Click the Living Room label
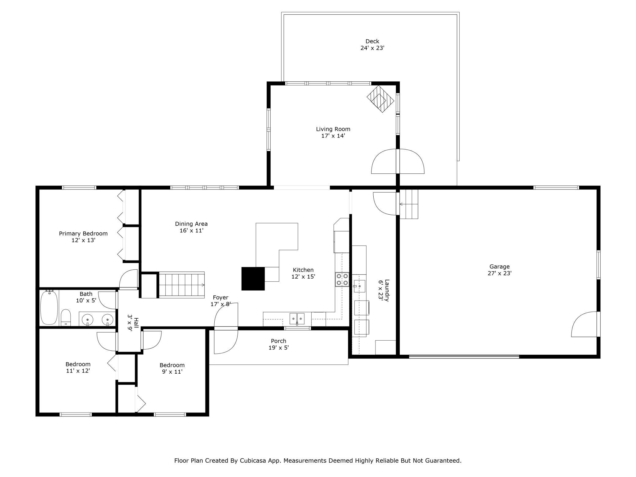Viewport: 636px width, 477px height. pos(333,129)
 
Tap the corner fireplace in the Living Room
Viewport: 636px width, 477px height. pos(380,99)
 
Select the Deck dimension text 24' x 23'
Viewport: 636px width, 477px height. pos(372,48)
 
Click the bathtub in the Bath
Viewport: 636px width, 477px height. pos(49,307)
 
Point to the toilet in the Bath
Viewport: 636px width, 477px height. pos(66,318)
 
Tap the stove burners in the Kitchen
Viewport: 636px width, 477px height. pos(342,279)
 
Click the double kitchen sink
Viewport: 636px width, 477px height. pos(297,319)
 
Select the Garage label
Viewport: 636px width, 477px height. pos(499,267)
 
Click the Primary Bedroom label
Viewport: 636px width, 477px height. pos(83,234)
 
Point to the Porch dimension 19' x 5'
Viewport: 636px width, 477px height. pos(278,348)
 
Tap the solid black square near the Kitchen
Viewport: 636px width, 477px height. pos(253,279)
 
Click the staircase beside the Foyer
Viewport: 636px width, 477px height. pos(182,285)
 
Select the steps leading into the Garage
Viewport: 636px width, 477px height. pos(409,204)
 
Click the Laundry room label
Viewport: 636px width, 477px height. pos(387,290)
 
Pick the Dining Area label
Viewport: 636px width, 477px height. pos(191,224)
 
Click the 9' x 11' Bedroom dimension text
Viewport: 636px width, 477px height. pos(172,372)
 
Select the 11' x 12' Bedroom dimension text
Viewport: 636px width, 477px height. pos(78,371)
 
